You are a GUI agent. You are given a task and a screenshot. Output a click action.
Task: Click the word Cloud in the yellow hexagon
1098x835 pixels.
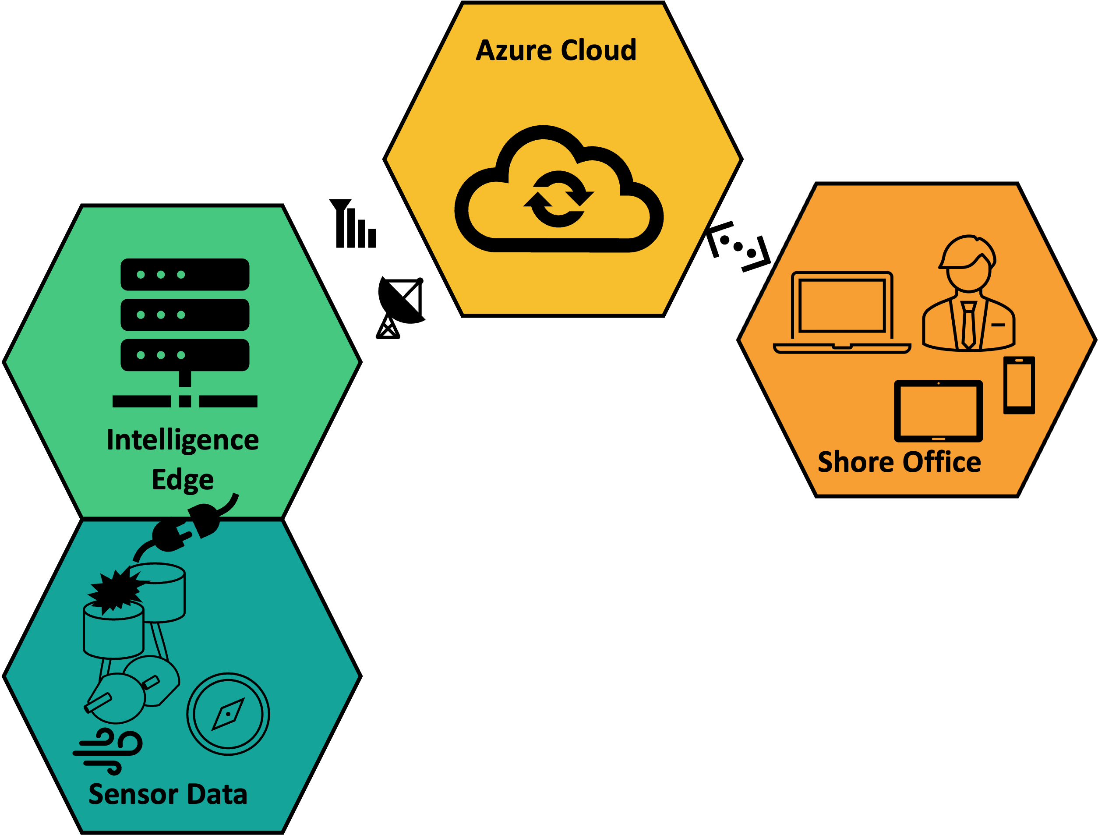[x=599, y=51]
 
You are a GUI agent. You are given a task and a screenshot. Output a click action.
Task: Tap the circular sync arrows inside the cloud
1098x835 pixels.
[x=558, y=199]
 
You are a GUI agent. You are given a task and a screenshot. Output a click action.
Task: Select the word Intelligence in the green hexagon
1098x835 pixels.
[x=182, y=440]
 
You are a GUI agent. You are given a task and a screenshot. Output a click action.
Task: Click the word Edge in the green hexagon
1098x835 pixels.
[x=182, y=480]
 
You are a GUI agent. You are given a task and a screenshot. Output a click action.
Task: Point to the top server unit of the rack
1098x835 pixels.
[x=185, y=274]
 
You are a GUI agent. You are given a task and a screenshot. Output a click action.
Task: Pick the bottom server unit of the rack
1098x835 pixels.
[x=185, y=355]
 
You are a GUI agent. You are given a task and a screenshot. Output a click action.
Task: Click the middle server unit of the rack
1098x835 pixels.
[x=185, y=315]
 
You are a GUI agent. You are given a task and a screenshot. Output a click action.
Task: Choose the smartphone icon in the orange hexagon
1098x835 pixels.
[x=1019, y=385]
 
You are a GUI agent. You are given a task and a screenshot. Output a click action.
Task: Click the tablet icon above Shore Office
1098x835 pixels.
[x=939, y=411]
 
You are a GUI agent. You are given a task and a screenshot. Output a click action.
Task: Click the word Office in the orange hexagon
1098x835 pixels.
[x=942, y=462]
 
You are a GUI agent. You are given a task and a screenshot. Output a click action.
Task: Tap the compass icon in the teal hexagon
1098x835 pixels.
[x=228, y=714]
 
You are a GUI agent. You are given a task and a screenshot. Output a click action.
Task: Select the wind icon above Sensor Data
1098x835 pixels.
[x=108, y=751]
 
